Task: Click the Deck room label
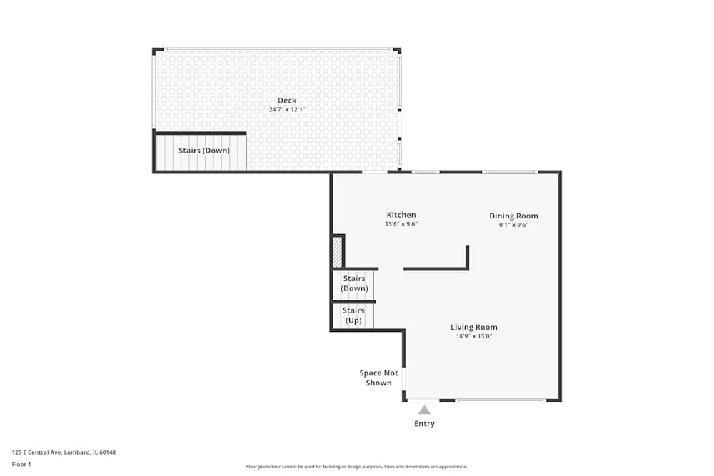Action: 287,101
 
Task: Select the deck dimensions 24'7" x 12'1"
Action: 287,110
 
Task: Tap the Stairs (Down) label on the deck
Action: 204,151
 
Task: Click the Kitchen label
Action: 401,215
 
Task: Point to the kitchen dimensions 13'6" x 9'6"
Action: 401,224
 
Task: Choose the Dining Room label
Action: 513,216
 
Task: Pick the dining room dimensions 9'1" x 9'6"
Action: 513,225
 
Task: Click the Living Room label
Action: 474,328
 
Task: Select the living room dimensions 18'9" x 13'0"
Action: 474,336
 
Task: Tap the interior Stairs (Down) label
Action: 354,283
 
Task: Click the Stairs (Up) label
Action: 353,315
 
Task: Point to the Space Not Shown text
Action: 378,378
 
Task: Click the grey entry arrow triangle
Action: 424,410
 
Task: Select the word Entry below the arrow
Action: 424,424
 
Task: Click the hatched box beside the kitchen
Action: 337,252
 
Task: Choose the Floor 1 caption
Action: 21,464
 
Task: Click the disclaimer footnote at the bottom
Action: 356,466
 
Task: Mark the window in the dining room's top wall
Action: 510,172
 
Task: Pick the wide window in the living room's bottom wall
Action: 501,400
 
